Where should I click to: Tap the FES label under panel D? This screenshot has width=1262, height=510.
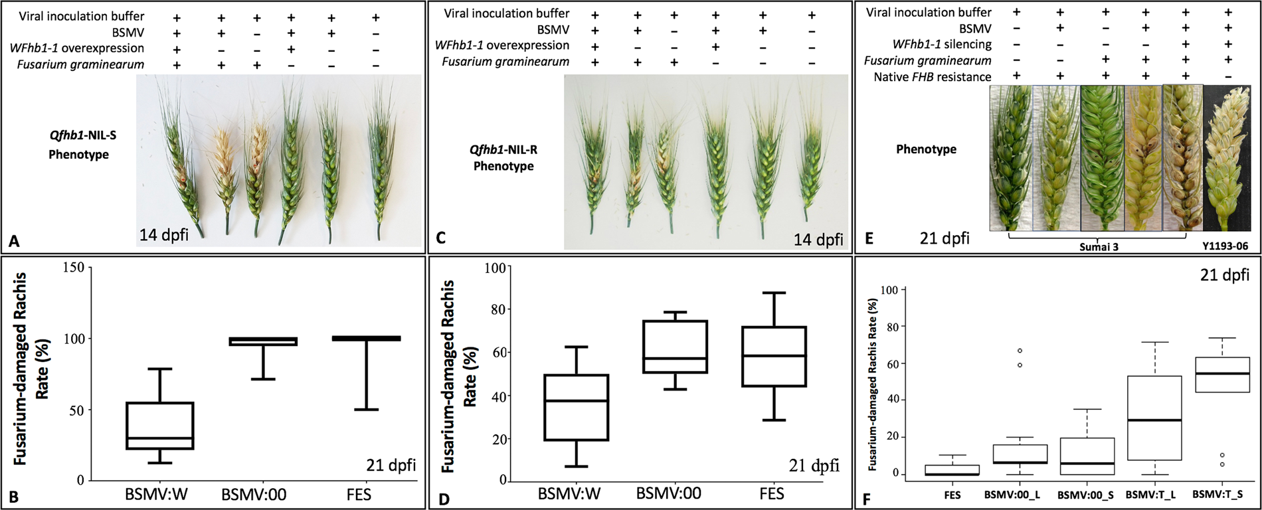pos(773,493)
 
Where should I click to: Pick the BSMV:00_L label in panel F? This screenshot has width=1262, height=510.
pos(1006,495)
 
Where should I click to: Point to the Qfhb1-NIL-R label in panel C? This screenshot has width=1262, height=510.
pos(503,149)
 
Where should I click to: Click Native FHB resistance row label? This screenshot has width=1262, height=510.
pos(932,76)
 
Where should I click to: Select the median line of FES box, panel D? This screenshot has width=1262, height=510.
pos(774,356)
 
